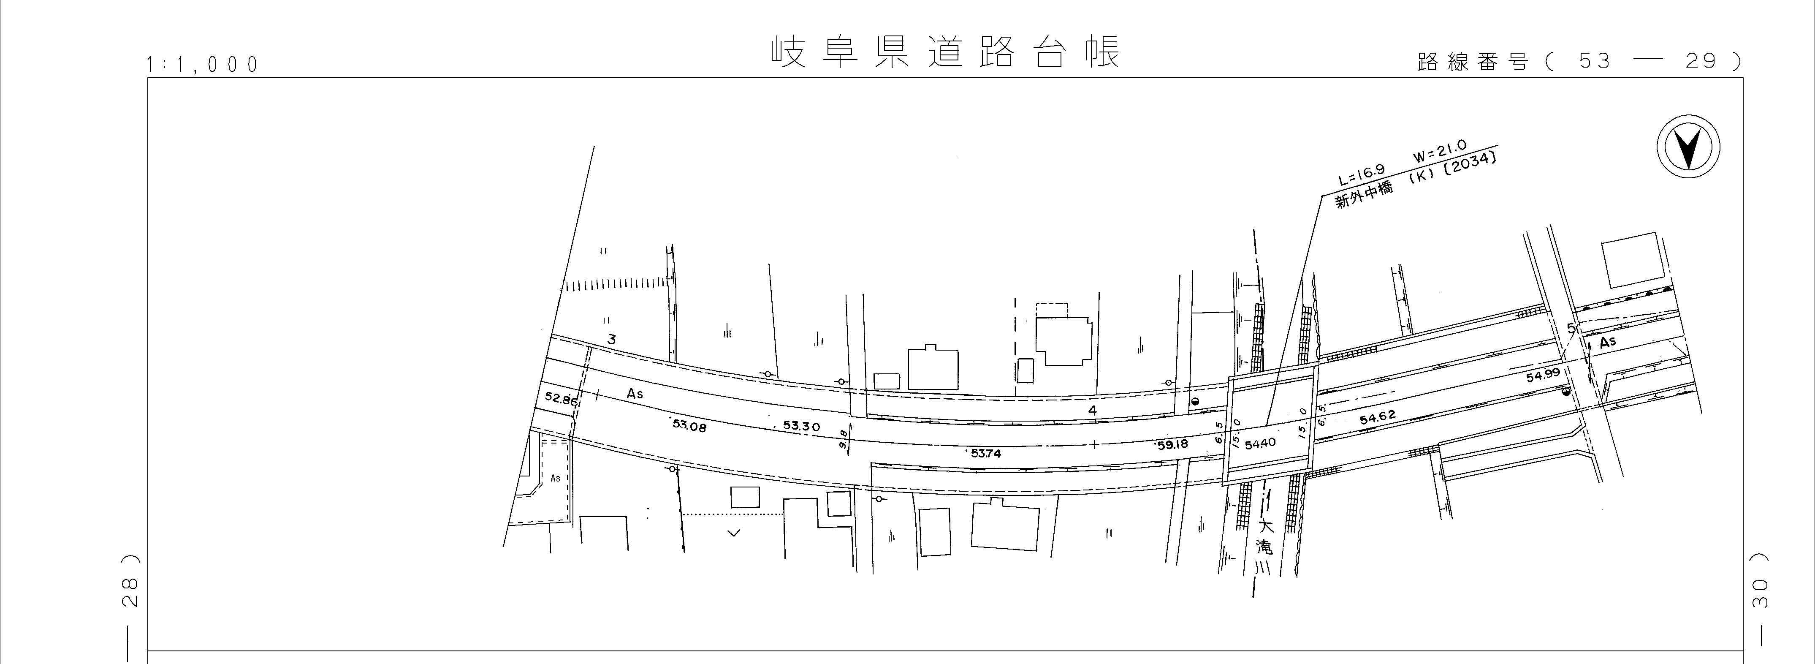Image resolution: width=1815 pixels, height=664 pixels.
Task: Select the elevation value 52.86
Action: pyautogui.click(x=561, y=399)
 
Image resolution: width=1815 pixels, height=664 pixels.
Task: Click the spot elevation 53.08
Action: pyautogui.click(x=689, y=425)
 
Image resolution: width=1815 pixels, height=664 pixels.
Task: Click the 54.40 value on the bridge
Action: pyautogui.click(x=1261, y=444)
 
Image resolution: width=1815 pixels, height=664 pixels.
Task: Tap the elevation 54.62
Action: pyautogui.click(x=1378, y=419)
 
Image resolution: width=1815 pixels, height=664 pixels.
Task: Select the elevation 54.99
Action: pyautogui.click(x=1543, y=375)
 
